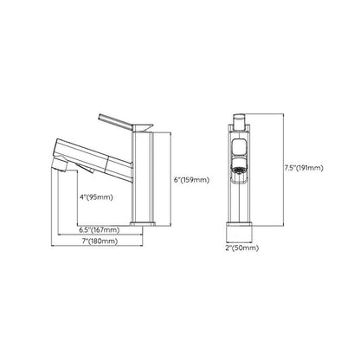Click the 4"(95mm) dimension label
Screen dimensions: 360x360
click(96, 197)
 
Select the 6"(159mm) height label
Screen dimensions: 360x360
click(191, 180)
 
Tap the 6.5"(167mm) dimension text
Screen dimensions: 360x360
click(100, 230)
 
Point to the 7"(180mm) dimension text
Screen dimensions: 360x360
click(100, 241)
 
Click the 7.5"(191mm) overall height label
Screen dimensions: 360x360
click(304, 168)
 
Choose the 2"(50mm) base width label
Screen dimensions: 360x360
click(242, 247)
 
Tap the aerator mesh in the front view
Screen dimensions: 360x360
click(239, 170)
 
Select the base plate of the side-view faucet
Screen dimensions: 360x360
click(143, 223)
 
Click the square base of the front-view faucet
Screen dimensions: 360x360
click(240, 233)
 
